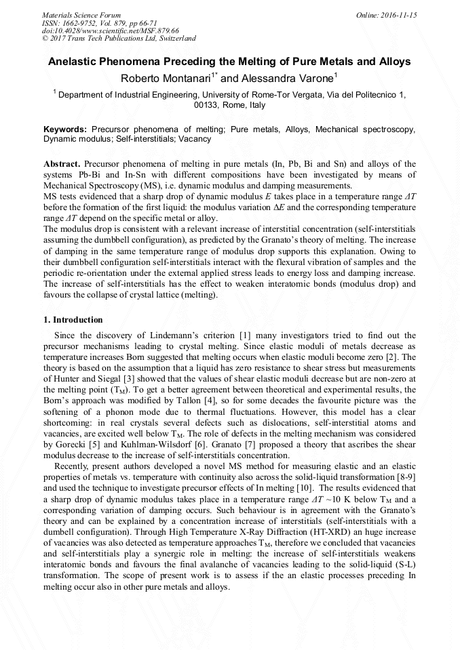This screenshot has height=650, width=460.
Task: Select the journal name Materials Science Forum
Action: [x=81, y=14]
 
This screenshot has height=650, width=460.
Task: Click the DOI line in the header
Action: [x=110, y=31]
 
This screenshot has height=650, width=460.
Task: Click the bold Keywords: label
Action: [x=65, y=129]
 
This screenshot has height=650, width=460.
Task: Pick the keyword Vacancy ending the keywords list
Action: [x=195, y=139]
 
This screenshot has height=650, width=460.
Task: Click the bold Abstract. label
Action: [x=62, y=165]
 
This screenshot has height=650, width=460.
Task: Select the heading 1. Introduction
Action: [x=73, y=320]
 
